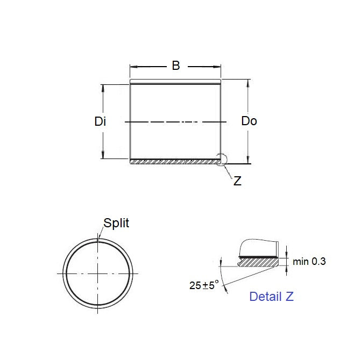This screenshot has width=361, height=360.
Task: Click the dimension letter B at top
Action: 175,66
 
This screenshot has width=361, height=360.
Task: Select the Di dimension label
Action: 100,121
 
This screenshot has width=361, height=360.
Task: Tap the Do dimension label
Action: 249,121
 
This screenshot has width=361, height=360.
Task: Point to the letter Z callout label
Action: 237,181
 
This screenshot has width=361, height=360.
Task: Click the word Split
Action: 116,223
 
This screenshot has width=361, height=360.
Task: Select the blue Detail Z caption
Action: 271,296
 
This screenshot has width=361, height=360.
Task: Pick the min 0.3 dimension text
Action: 309,262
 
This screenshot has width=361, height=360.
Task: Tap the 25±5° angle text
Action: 204,285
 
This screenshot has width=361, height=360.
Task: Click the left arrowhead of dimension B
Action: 133,67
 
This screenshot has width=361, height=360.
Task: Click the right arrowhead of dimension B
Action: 218,67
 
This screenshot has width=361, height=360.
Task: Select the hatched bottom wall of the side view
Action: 175,161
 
